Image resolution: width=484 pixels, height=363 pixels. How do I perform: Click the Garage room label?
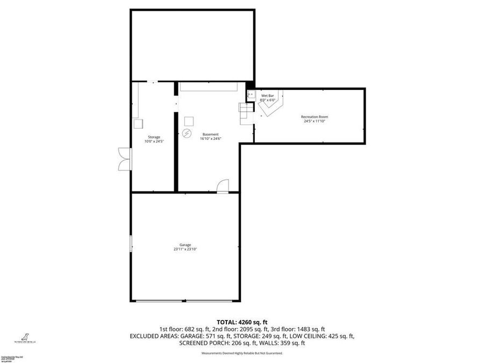pos(185,245)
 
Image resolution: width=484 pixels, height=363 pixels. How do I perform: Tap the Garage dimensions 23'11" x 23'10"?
pos(185,250)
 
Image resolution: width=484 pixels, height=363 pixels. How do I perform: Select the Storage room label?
pos(154,137)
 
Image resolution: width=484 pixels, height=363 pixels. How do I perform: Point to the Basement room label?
pos(210,134)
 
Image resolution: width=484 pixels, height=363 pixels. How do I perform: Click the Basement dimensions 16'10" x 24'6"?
pos(210,139)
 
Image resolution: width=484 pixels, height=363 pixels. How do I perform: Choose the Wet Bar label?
pos(268,96)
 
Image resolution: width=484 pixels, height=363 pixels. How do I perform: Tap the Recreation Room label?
pos(315,117)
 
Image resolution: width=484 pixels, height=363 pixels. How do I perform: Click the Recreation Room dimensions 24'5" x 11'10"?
pos(315,122)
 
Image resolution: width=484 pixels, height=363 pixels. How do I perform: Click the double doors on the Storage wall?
pos(124,160)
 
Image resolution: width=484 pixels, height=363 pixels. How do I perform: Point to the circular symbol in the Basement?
pos(187,133)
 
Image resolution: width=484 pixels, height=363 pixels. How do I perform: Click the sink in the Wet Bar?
pos(250,94)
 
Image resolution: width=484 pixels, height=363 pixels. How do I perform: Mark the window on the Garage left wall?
pos(131,243)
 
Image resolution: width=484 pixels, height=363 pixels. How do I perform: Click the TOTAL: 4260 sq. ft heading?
pos(242,321)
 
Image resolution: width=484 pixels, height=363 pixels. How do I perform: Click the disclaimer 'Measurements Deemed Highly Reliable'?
pos(242,353)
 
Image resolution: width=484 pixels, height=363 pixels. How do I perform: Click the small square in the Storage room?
pos(138,123)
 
